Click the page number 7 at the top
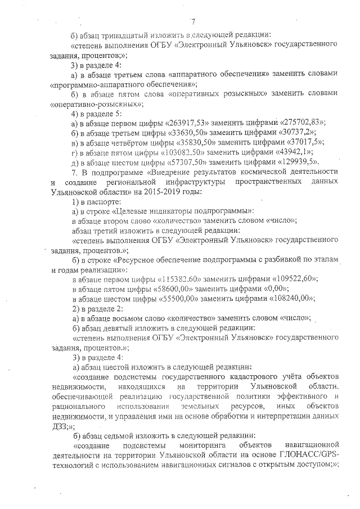point(192,22)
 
